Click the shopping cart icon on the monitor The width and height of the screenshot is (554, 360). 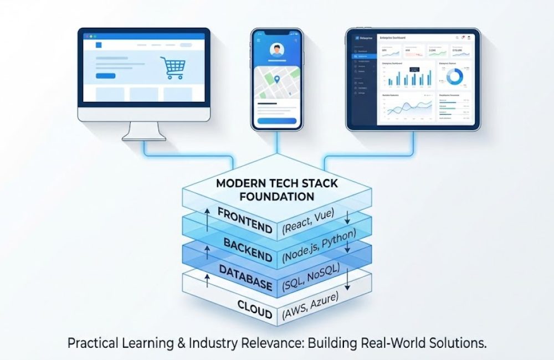click(172, 68)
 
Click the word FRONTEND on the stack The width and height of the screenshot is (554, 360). click(244, 220)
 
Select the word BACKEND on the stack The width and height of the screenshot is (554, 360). click(248, 249)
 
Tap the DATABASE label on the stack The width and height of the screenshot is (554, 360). click(245, 278)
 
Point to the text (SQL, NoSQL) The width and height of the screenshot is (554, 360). click(310, 277)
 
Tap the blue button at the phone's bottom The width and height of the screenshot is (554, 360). click(277, 120)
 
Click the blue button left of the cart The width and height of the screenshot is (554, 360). click(106, 76)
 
